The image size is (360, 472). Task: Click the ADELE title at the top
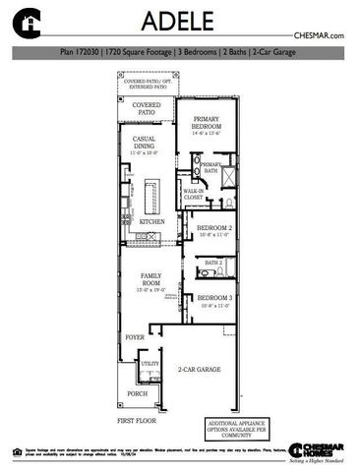click(x=179, y=22)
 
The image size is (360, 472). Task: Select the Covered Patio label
click(x=147, y=108)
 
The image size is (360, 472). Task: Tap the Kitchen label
click(x=151, y=222)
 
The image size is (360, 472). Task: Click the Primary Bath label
click(x=211, y=168)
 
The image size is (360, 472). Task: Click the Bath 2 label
click(x=213, y=264)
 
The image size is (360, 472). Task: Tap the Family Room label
click(x=151, y=279)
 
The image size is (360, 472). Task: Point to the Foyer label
click(x=134, y=336)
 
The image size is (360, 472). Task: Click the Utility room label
click(x=150, y=364)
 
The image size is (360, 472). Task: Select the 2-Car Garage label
click(x=198, y=370)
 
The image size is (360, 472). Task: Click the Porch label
click(x=137, y=393)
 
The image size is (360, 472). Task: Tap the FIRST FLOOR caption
click(x=138, y=420)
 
